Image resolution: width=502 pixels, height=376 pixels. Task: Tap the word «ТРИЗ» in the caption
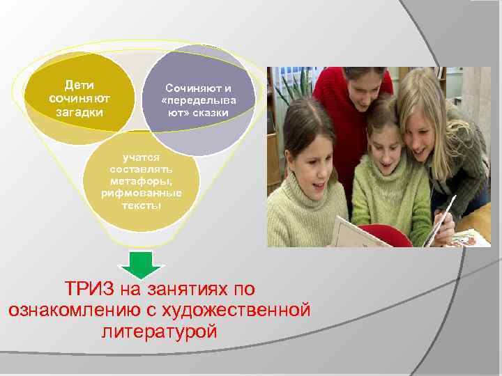click(x=91, y=288)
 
